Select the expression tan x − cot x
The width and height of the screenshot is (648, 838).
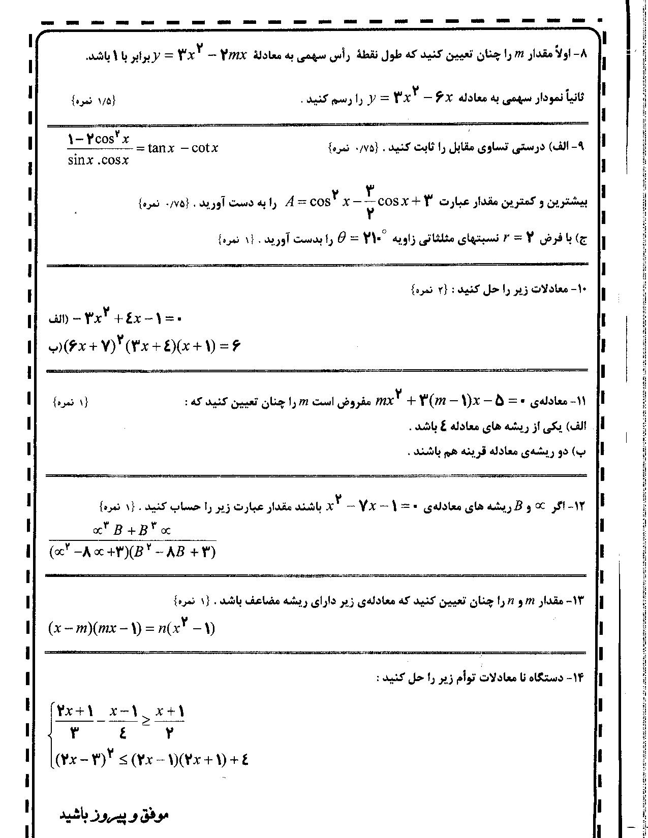[183, 148]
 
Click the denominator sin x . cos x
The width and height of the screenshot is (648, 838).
[98, 160]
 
